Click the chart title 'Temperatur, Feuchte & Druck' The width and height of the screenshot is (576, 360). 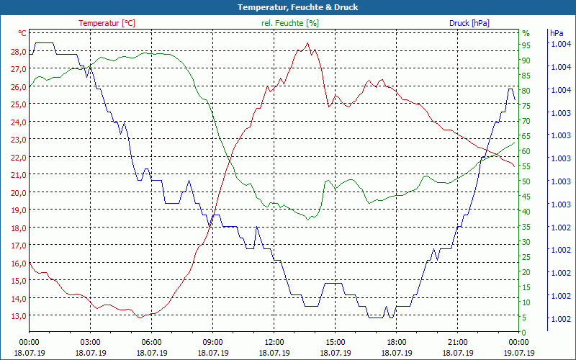tap(288, 7)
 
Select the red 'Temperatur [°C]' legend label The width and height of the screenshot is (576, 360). tap(107, 23)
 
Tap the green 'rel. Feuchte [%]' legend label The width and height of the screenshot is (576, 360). tap(290, 23)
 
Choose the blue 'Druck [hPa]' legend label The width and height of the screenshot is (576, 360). tap(469, 23)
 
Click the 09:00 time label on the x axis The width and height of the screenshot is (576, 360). tap(212, 342)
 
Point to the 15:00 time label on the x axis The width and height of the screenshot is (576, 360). tap(335, 342)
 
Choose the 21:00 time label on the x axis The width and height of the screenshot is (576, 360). tap(457, 342)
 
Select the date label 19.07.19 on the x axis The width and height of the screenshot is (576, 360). tap(519, 353)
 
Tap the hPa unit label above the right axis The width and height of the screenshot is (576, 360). tap(556, 33)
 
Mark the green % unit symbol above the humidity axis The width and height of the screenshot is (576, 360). tap(526, 33)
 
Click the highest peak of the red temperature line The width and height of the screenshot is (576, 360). tap(308, 43)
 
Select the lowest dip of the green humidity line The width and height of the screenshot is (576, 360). tap(307, 219)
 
